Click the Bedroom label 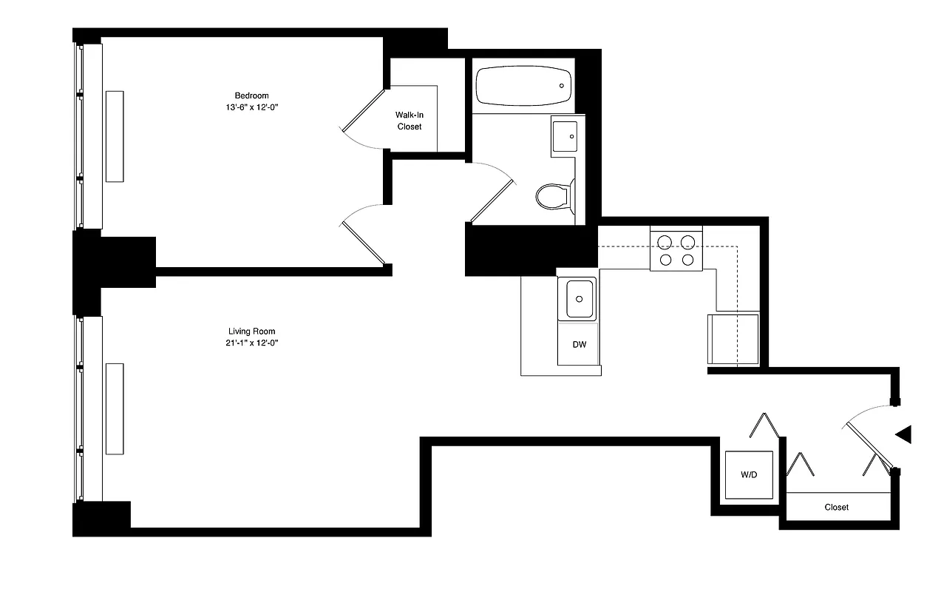[x=251, y=95]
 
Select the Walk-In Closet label [x=410, y=121]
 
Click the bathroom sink [x=564, y=136]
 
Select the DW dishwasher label [x=579, y=344]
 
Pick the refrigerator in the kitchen [x=733, y=339]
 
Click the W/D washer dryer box [x=749, y=474]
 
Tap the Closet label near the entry [x=837, y=508]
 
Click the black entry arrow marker [x=904, y=435]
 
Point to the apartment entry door [x=870, y=441]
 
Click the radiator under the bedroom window [x=114, y=136]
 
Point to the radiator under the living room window [x=114, y=408]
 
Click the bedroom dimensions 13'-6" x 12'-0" [x=251, y=108]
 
